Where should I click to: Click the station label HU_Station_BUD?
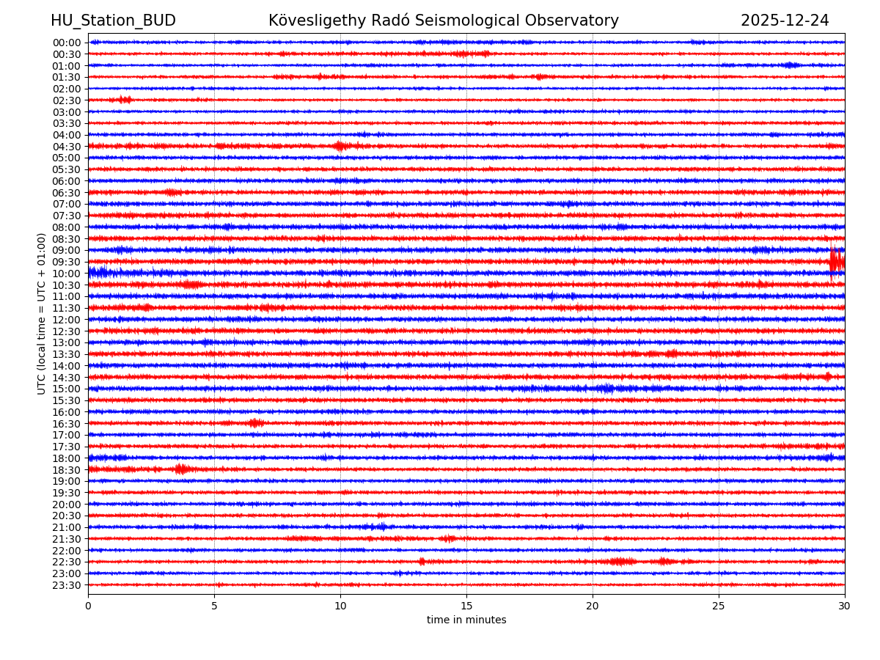click(x=113, y=21)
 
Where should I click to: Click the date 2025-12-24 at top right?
click(x=785, y=21)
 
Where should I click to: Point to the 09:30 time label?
click(x=66, y=262)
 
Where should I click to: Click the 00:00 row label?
click(x=66, y=43)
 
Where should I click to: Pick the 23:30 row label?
click(x=66, y=585)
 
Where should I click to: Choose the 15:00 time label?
click(x=66, y=389)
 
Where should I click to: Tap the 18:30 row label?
click(x=66, y=470)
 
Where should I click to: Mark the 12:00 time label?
click(x=66, y=320)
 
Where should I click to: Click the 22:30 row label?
click(x=66, y=562)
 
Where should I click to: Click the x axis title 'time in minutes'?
click(x=466, y=620)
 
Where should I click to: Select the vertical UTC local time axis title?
click(x=42, y=313)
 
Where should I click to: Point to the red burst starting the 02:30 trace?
click(x=124, y=100)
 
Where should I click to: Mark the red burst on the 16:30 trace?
click(x=254, y=423)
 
